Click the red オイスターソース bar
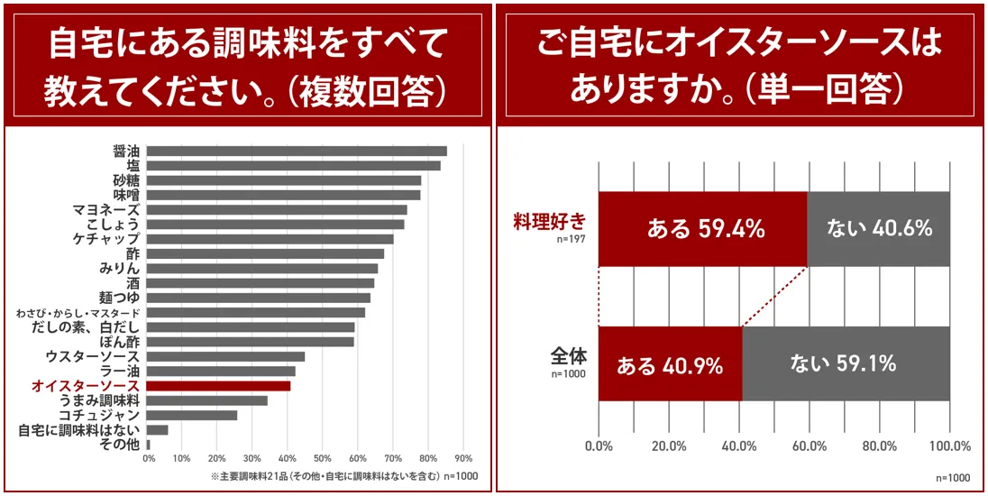218,386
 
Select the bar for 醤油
296,151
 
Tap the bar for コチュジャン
191,415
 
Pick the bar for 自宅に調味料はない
157,430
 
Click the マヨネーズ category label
106,209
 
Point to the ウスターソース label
93,356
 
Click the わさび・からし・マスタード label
78,313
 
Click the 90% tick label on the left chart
463,457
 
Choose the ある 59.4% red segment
703,229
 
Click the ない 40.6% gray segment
878,229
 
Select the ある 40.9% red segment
670,363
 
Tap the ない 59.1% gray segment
845,363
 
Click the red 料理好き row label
550,219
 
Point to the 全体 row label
568,354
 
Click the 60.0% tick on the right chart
810,446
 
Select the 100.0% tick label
948,446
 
